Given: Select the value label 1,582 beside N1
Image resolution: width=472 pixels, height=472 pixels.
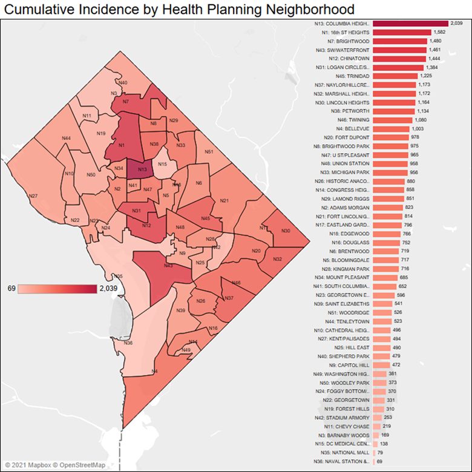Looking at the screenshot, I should (x=440, y=32).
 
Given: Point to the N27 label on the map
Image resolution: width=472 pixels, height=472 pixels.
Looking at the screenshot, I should (x=33, y=196).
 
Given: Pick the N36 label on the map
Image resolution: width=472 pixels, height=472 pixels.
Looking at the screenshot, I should (x=128, y=343).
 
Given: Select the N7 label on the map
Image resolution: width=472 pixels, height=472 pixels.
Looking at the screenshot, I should (x=125, y=102).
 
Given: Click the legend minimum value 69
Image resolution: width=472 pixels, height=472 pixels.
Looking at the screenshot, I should (x=11, y=289).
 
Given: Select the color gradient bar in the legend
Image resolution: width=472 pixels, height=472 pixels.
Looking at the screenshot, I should (x=57, y=289).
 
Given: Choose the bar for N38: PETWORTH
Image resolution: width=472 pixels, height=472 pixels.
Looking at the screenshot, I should (x=394, y=111).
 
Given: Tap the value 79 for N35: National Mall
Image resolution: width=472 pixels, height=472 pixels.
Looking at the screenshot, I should (x=381, y=453).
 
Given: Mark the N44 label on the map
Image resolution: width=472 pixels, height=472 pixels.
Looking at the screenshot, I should (x=66, y=139).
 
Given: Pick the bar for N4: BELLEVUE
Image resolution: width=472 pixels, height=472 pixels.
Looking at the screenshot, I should (x=392, y=129).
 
